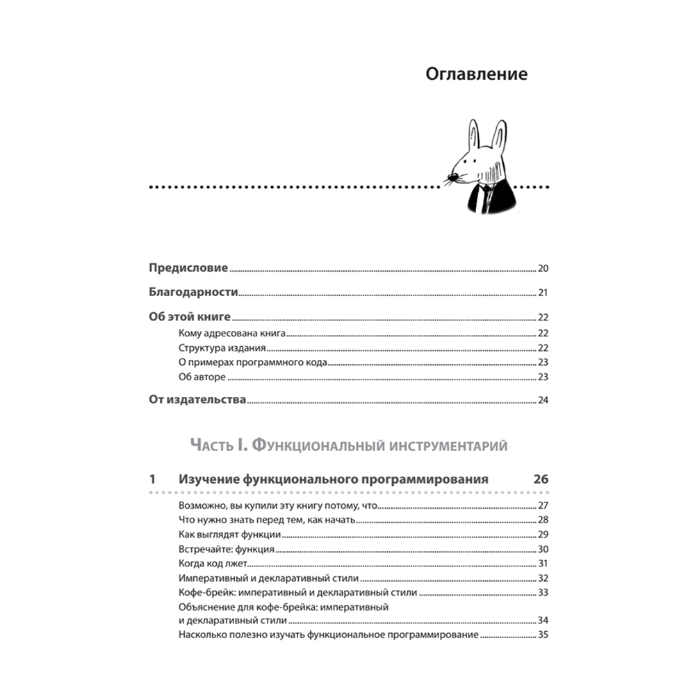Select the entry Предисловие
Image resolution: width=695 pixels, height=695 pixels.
click(188, 268)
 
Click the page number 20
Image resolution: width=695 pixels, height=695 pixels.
click(543, 269)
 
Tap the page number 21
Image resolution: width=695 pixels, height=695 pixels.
click(543, 293)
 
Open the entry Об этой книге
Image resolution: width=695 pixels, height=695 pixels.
click(190, 317)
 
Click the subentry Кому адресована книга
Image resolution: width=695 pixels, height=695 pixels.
click(232, 334)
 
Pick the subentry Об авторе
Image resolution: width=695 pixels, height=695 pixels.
click(203, 377)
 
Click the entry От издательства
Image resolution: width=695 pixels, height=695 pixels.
click(198, 400)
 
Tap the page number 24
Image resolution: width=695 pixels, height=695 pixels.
click(543, 401)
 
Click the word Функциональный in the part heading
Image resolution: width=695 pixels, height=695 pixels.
click(327, 445)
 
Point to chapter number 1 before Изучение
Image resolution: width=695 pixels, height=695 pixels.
click(152, 480)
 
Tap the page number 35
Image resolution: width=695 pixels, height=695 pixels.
click(543, 635)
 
